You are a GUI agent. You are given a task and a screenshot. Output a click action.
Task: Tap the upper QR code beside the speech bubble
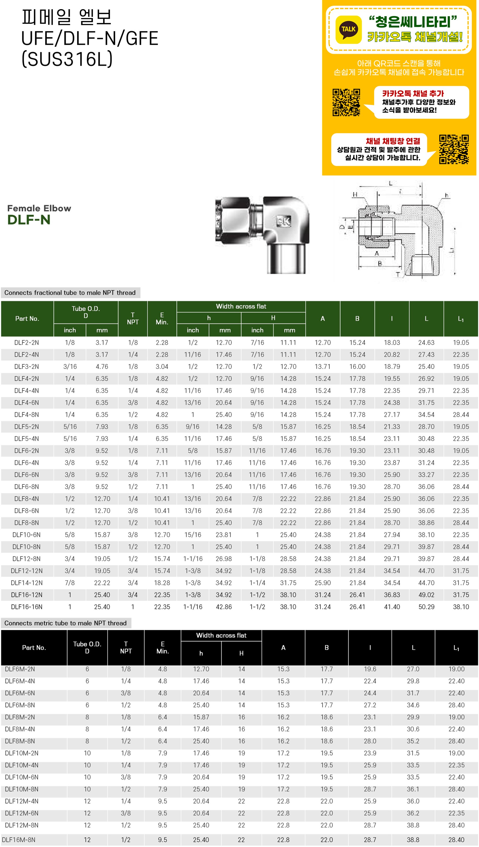pos(346,102)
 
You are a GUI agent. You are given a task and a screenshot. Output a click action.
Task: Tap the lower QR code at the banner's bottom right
pos(454,149)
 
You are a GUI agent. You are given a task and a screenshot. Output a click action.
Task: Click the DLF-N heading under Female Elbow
pos(29,220)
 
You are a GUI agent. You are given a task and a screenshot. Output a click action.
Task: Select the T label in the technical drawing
pos(398,274)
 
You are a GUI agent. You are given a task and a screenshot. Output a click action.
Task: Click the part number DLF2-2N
pos(27,342)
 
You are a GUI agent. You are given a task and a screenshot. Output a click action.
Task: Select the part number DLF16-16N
pos(27,607)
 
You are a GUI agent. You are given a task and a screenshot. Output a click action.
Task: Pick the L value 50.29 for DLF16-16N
pos(426,607)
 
